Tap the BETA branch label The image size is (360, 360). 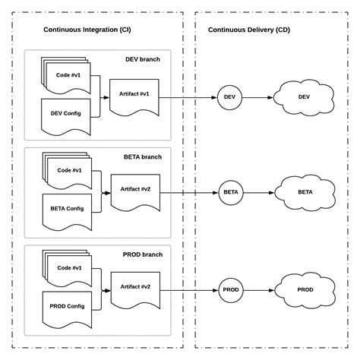coord(141,157)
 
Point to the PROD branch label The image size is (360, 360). coord(141,254)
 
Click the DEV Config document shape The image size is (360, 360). coord(66,114)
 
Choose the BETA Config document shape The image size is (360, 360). coord(67,209)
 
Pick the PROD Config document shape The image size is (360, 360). coord(67,306)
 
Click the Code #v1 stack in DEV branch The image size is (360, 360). coord(68,76)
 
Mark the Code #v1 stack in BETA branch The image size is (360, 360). coord(68,172)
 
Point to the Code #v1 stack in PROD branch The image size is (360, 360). coord(68,269)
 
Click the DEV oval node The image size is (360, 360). coord(230,96)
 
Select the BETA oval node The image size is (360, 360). coord(231,192)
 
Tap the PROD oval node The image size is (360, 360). coord(231,289)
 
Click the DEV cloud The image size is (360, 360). coord(304,96)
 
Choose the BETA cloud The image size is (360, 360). coord(305,192)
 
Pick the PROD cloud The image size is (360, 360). coord(305,289)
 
